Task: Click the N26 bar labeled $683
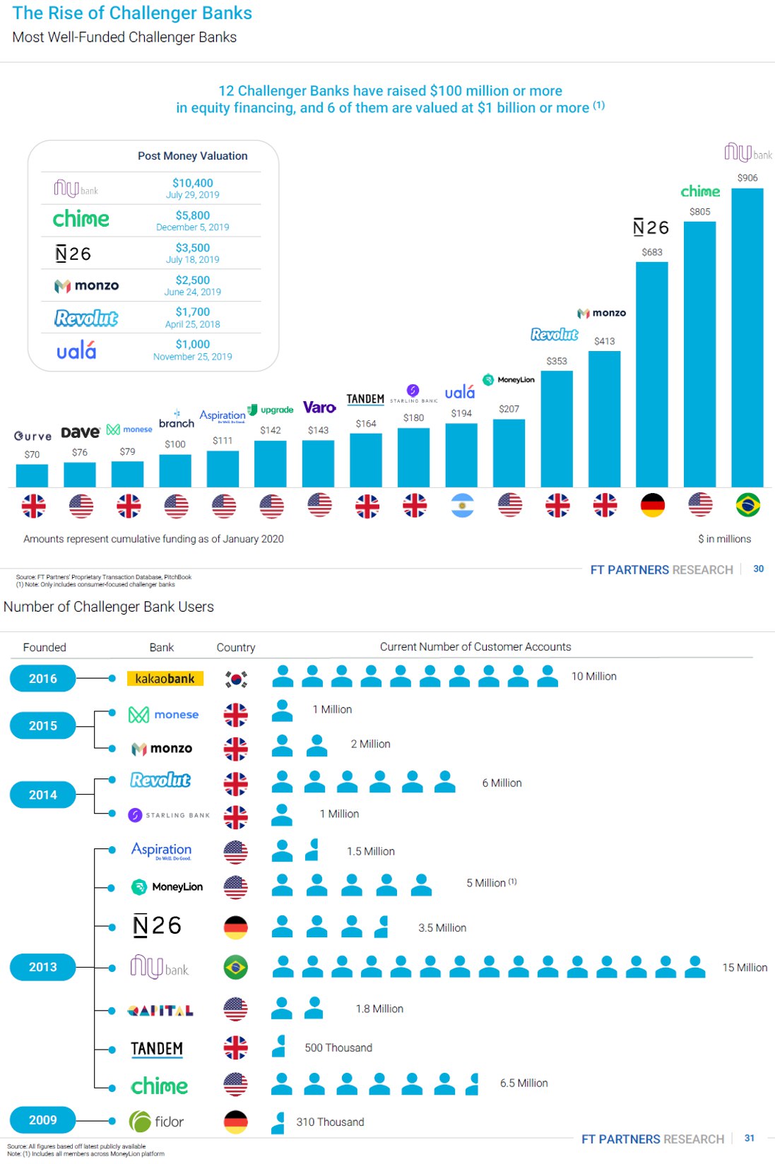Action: (x=651, y=374)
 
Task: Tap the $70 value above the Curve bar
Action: (x=32, y=454)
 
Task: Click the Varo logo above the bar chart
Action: (x=319, y=408)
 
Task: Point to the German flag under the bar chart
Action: (x=652, y=505)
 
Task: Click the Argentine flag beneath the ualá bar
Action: (x=462, y=505)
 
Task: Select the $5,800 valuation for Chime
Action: (x=193, y=215)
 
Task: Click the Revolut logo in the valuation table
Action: (x=86, y=318)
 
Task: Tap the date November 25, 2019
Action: (x=193, y=357)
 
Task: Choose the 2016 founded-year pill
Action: (x=42, y=678)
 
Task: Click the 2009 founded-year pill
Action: (x=42, y=1120)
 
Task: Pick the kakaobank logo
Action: (x=165, y=678)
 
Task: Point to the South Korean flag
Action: (x=236, y=679)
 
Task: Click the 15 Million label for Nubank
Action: (x=745, y=968)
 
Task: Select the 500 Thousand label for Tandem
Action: (x=338, y=1047)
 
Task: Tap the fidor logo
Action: (x=157, y=1121)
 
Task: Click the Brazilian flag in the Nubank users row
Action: (x=236, y=967)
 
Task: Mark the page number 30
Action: (x=759, y=569)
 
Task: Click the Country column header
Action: (x=236, y=647)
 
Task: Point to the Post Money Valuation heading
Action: (x=193, y=156)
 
